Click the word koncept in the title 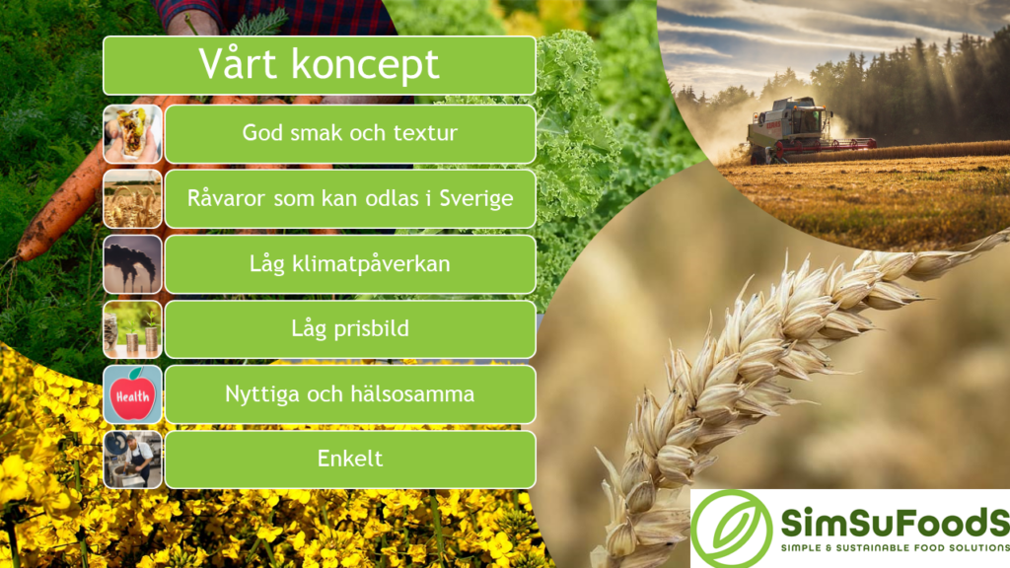pos(365,64)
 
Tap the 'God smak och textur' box pos(350,134)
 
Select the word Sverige pos(476,198)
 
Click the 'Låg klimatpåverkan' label pos(350,264)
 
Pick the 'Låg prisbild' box pos(350,329)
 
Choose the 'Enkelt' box pos(350,460)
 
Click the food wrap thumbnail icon pos(132,134)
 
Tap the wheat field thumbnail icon pos(132,199)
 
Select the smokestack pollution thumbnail pos(132,264)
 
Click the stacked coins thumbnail pos(132,329)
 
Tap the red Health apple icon pos(132,394)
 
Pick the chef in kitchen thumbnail pos(132,460)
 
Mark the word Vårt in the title pos(239,63)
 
